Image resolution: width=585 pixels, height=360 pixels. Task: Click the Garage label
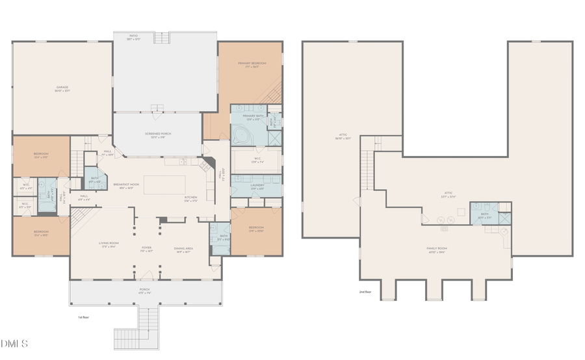62,88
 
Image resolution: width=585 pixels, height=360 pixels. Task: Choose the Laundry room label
257,186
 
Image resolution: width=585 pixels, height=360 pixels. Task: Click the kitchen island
164,185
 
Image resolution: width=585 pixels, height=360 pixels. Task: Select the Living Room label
108,245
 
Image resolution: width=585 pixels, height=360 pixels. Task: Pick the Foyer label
147,248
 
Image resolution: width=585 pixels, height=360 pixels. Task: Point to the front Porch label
144,290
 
